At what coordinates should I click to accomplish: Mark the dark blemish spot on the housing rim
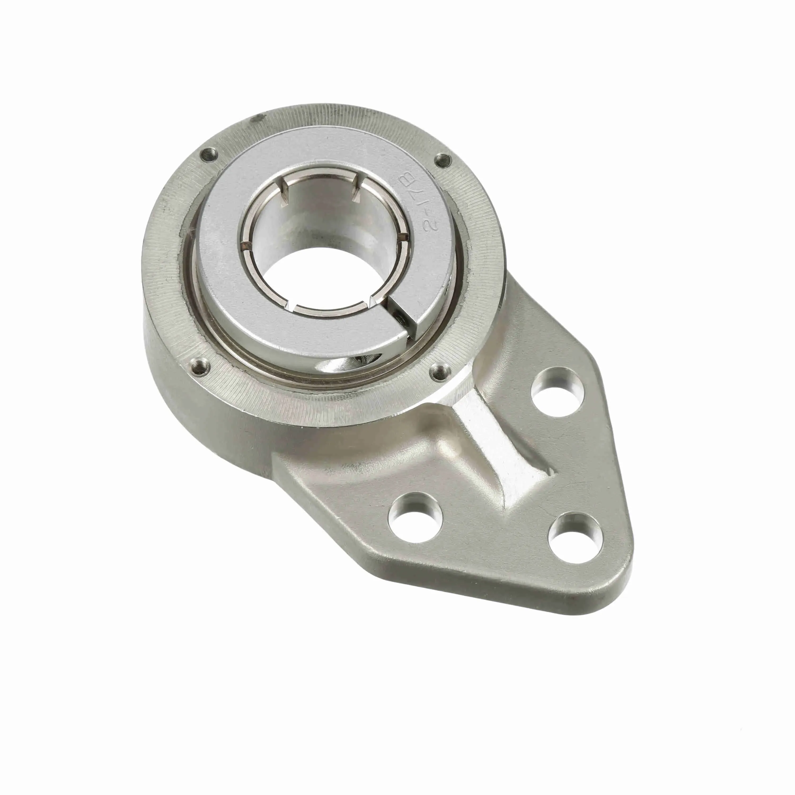point(258,118)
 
